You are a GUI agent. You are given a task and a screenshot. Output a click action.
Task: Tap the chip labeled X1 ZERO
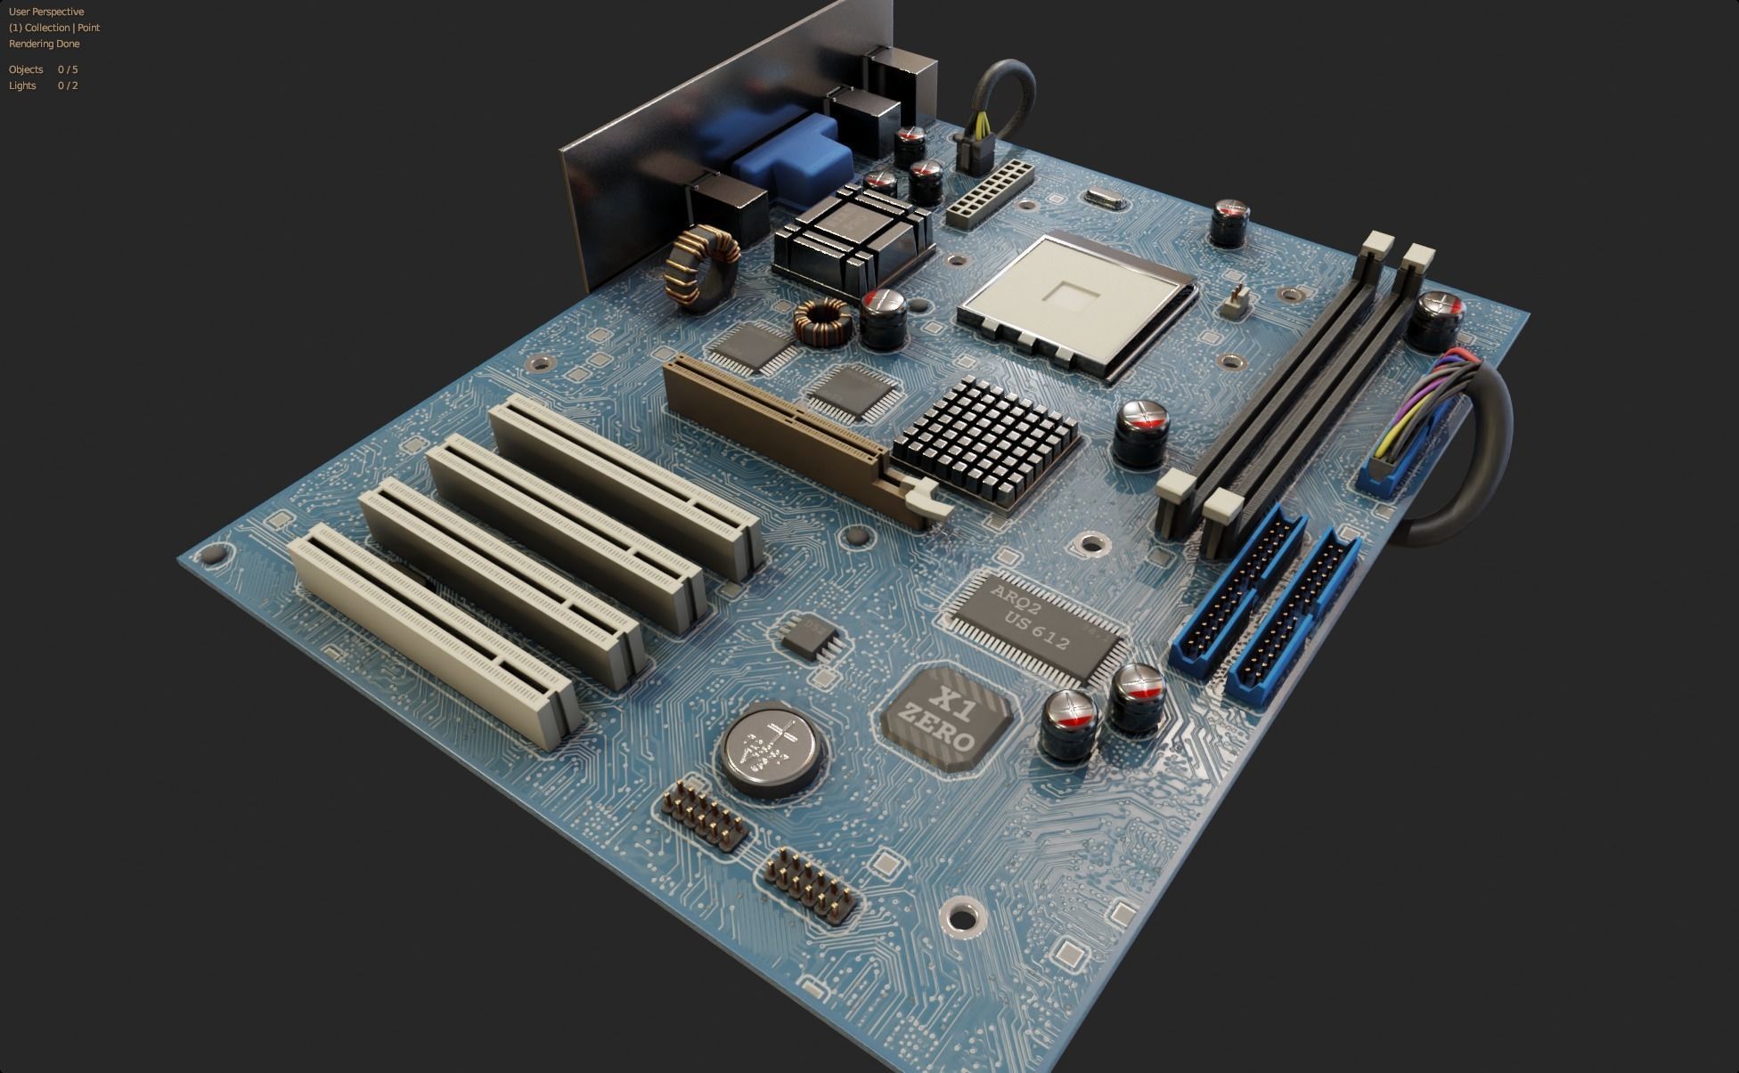pyautogui.click(x=948, y=716)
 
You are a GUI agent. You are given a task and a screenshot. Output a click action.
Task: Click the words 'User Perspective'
pyautogui.click(x=46, y=12)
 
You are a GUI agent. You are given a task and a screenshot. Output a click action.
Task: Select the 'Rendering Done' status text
pyautogui.click(x=45, y=44)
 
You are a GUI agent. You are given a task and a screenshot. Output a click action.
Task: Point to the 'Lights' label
pyautogui.click(x=22, y=85)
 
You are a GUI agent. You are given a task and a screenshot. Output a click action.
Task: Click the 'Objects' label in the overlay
pyautogui.click(x=26, y=69)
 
